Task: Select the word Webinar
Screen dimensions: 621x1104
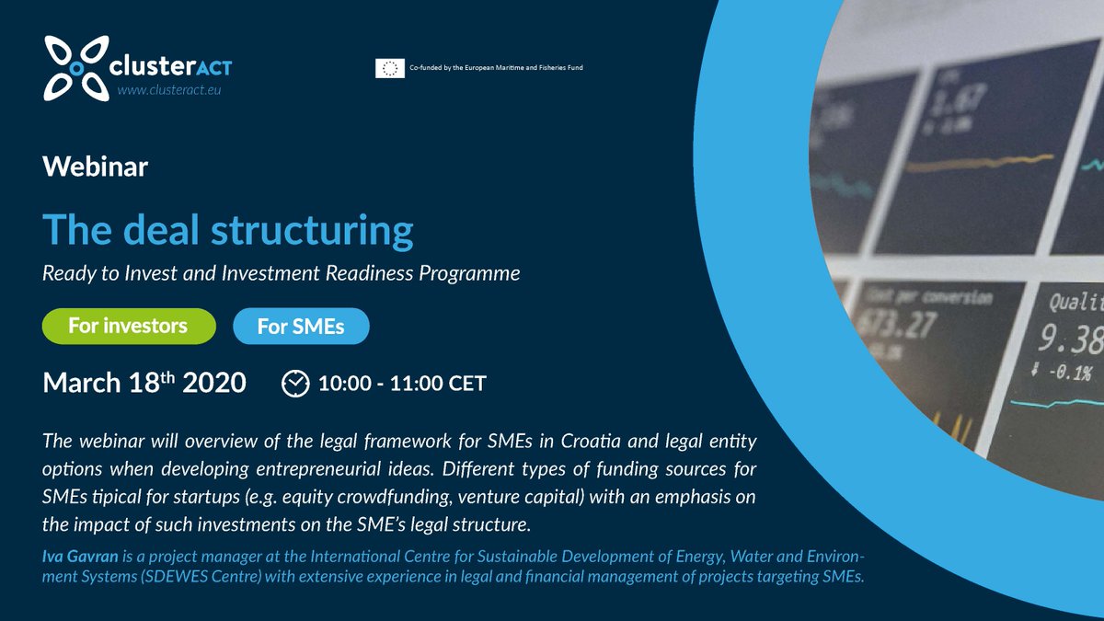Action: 96,167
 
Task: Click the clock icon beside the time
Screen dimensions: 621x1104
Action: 294,383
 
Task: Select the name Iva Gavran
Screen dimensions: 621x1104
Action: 81,557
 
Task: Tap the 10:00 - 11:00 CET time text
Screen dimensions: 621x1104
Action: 401,383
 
